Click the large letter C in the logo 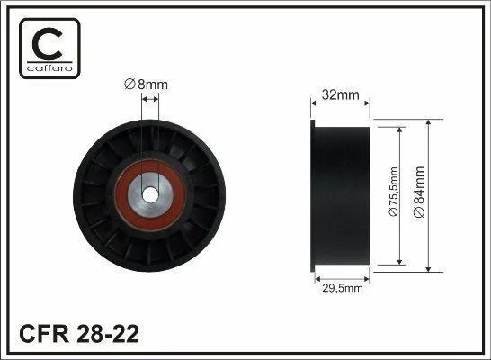47,44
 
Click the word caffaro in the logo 49,68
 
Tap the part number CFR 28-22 79,334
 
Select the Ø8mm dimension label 146,85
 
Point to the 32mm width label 341,94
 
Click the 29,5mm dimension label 343,288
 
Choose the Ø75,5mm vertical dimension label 393,192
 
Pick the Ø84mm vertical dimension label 419,192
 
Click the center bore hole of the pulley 150,195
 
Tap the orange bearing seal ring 121,195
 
